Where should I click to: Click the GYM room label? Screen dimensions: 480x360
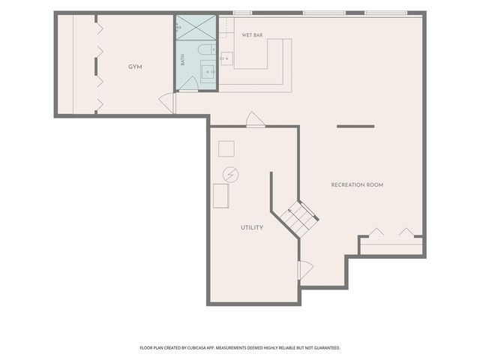[x=135, y=67]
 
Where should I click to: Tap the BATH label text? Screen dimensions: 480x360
[x=183, y=60]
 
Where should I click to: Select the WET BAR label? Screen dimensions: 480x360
[x=252, y=35]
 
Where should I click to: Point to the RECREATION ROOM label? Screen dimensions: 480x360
[x=357, y=185]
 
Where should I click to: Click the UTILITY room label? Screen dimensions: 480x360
[x=252, y=227]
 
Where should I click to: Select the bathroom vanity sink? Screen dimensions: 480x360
[x=208, y=72]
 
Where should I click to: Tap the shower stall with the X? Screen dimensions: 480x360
[x=196, y=28]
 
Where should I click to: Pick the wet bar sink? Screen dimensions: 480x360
[x=226, y=58]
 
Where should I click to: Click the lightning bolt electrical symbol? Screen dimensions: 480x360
[x=231, y=175]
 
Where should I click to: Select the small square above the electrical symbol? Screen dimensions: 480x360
[x=226, y=148]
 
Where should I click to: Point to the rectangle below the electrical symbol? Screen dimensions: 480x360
[x=221, y=196]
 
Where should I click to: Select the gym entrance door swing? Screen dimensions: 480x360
[x=167, y=103]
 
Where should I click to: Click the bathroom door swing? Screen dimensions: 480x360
[x=188, y=83]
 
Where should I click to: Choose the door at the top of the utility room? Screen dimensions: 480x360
[x=256, y=119]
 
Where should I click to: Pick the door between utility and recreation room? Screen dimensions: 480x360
[x=305, y=270]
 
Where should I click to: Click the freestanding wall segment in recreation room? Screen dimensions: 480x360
[x=355, y=126]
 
